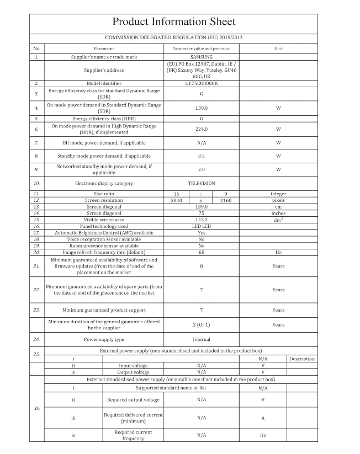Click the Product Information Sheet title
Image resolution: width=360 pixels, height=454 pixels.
[x=174, y=22]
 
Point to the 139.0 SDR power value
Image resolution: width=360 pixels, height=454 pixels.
[x=202, y=108]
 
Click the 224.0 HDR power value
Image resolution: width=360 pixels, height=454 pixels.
[x=202, y=129]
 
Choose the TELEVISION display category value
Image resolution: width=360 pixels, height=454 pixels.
[x=202, y=183]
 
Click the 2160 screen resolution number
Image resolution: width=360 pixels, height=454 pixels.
[x=225, y=200]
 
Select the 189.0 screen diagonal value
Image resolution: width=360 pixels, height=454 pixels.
[x=202, y=206]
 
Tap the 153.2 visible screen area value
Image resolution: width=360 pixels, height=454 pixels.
[x=202, y=220]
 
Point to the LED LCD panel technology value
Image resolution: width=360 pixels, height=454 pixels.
[x=202, y=226]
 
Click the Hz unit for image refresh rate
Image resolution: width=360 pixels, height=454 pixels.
[x=278, y=252]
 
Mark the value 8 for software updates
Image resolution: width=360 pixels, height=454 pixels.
[x=202, y=266]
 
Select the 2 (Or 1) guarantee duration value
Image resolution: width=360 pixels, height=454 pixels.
[x=202, y=325]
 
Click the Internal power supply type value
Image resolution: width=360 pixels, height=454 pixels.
[x=202, y=339]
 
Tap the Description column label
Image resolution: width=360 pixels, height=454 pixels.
[x=302, y=359]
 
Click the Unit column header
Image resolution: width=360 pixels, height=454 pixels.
[x=278, y=49]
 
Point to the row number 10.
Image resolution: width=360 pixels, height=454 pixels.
[x=36, y=183]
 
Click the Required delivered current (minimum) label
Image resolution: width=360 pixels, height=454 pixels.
[x=133, y=418]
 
